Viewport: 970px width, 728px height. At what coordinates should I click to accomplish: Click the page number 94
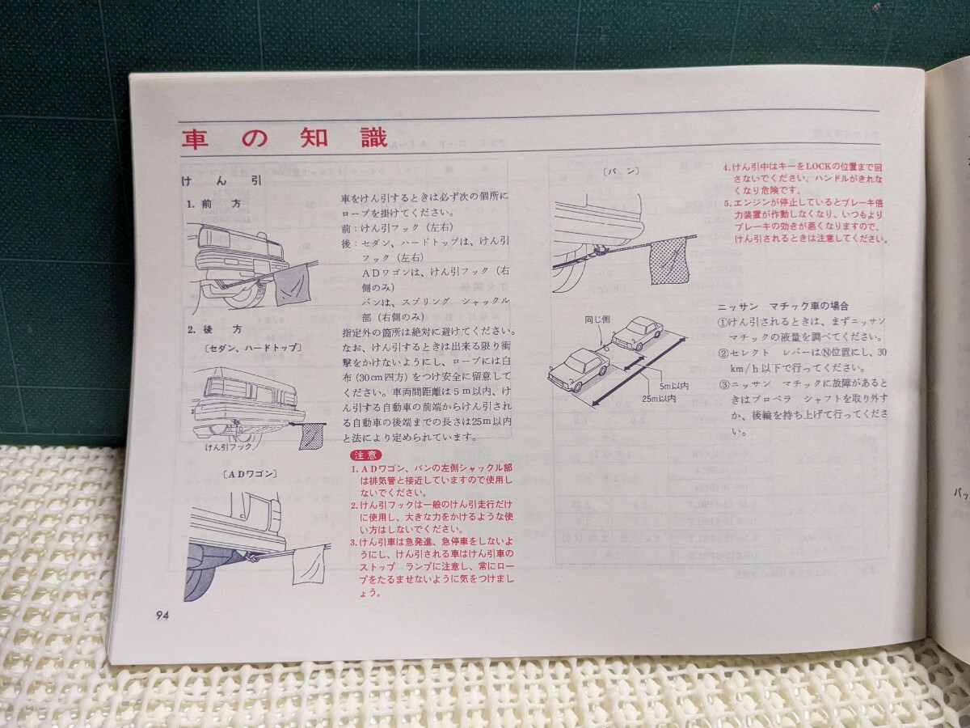162,614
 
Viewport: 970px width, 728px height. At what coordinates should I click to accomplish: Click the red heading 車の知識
284,138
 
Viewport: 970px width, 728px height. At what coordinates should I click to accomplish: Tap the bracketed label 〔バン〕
621,171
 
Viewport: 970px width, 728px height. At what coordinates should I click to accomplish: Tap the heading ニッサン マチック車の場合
782,307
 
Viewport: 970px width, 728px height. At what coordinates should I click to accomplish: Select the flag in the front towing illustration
291,283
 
